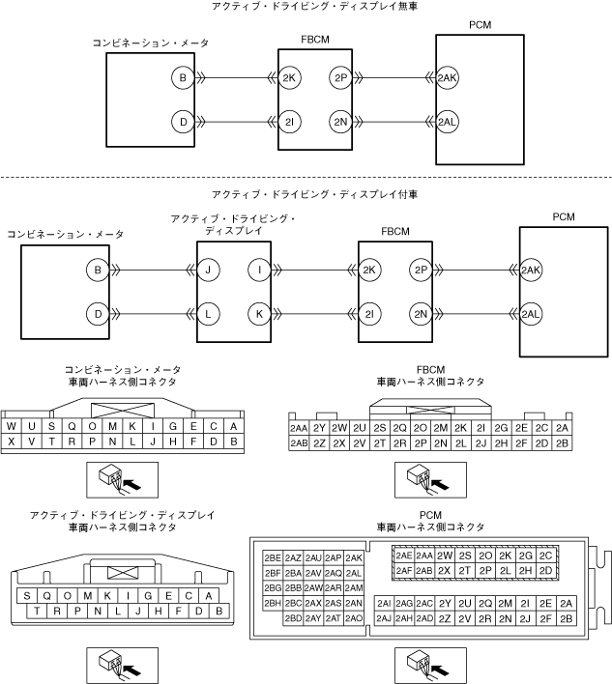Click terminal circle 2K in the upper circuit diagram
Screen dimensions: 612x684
tap(289, 78)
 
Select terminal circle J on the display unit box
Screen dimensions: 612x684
tap(208, 270)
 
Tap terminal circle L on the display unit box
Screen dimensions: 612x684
tap(208, 314)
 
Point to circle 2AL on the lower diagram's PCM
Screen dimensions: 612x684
tap(531, 314)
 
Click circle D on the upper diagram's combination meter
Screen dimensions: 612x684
tap(183, 122)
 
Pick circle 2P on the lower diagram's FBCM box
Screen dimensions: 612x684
tap(421, 270)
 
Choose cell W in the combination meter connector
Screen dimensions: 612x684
tap(12, 426)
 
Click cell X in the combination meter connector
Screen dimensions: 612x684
tap(12, 442)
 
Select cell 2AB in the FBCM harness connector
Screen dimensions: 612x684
tap(299, 443)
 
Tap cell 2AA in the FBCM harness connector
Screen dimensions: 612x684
tap(299, 428)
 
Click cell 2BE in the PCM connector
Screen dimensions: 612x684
tap(273, 558)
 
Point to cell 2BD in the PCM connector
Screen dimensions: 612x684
tap(293, 618)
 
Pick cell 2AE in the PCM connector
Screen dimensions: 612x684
tap(404, 556)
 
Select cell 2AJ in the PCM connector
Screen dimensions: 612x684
tap(384, 618)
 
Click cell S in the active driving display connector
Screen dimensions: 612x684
tap(27, 596)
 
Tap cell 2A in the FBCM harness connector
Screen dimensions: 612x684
tap(562, 428)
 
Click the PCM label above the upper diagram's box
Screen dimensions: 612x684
tap(480, 25)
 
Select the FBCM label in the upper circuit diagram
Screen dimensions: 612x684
tap(315, 40)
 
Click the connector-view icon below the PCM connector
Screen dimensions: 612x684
tap(430, 666)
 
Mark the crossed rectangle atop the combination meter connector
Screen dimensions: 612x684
tap(122, 411)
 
